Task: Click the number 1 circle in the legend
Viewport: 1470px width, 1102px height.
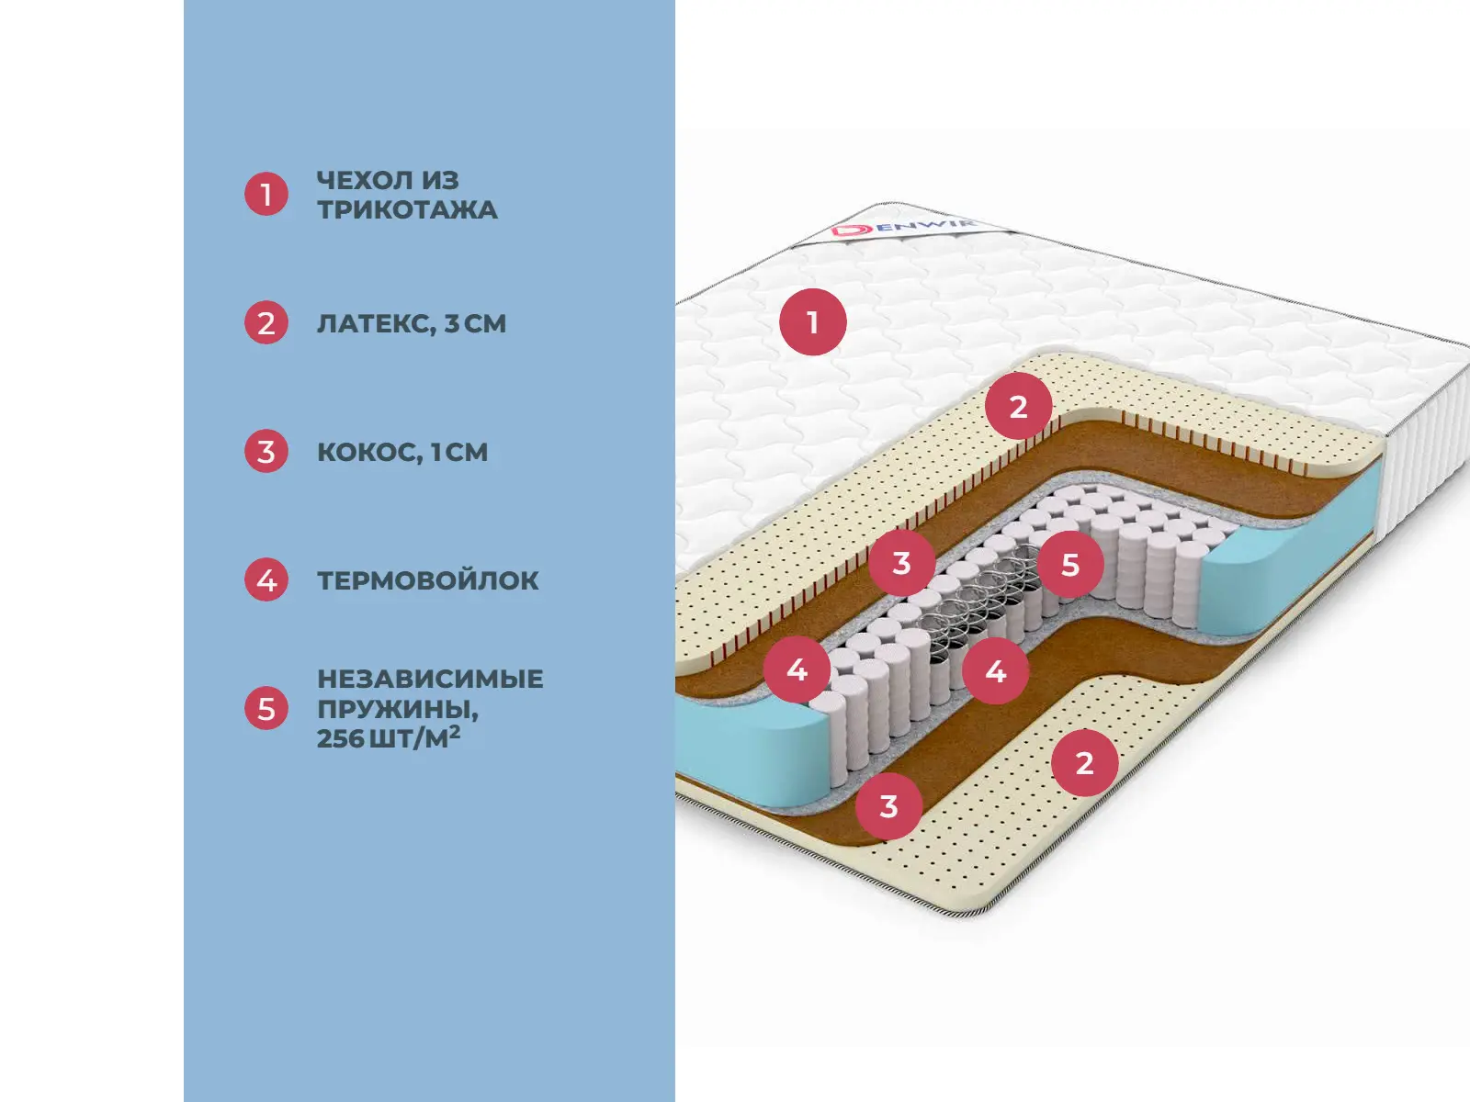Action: click(266, 194)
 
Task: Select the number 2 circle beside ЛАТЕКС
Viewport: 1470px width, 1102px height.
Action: click(266, 322)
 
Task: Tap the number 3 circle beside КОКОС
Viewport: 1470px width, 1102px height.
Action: click(266, 451)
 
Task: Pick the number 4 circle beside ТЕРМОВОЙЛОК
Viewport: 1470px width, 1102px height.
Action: click(266, 579)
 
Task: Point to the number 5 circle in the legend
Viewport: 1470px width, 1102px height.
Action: click(266, 708)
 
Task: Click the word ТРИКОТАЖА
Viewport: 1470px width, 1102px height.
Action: click(407, 209)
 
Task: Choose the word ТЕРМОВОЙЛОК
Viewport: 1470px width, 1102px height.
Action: click(428, 580)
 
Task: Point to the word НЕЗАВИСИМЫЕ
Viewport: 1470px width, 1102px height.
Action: click(430, 679)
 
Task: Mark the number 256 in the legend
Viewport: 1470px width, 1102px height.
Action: click(340, 738)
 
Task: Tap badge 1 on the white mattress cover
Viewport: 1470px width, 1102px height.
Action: click(812, 322)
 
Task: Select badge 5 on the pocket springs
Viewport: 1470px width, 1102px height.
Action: click(1070, 564)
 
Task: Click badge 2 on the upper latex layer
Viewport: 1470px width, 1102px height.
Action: click(1018, 406)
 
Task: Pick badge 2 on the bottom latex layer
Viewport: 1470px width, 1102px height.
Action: click(1084, 762)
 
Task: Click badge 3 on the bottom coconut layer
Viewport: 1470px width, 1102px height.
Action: click(888, 806)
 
